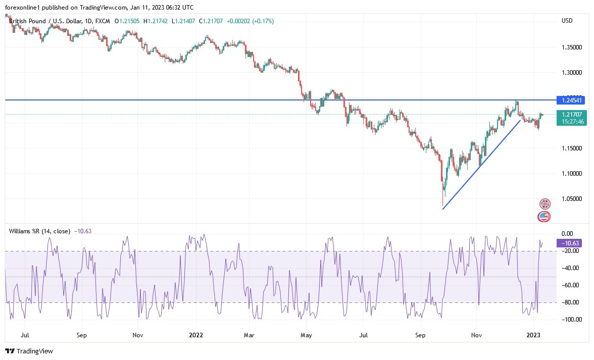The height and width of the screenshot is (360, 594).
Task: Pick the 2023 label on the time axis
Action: click(x=534, y=334)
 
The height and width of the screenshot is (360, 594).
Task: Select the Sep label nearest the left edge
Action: click(x=82, y=334)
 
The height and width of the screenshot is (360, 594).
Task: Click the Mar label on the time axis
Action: click(x=248, y=334)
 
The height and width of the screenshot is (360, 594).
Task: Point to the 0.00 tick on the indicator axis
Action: click(x=567, y=234)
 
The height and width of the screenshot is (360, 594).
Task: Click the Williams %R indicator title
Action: click(x=40, y=231)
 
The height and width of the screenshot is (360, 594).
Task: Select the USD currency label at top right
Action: click(x=567, y=21)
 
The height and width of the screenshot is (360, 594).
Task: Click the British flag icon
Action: click(x=544, y=204)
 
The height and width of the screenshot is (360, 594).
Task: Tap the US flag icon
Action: click(x=543, y=217)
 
